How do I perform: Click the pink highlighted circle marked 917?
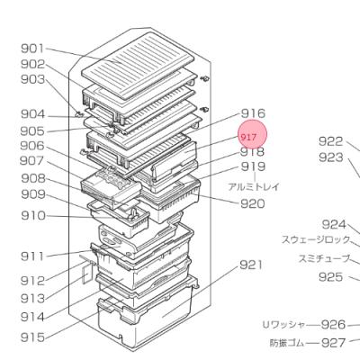pyautogui.click(x=252, y=134)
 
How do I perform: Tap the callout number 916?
pyautogui.click(x=253, y=113)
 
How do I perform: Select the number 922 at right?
pyautogui.click(x=331, y=140)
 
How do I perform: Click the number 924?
pyautogui.click(x=335, y=225)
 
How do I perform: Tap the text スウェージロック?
pyautogui.click(x=315, y=239)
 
